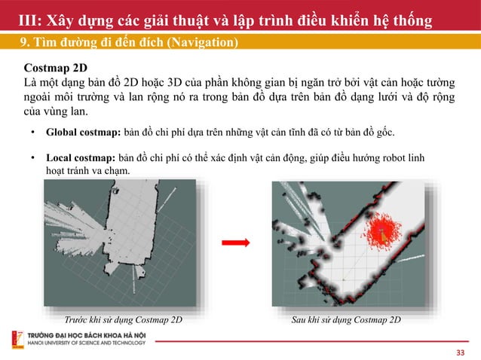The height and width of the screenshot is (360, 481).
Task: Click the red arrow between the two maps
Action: coord(235,243)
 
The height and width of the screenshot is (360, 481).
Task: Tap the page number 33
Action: coord(461,352)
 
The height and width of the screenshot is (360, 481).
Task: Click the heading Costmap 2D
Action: coord(56,68)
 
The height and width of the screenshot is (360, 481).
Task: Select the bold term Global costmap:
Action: coord(84,133)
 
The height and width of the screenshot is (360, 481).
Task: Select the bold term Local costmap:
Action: coord(81,158)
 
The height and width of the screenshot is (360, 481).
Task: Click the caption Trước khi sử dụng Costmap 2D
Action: coord(124,319)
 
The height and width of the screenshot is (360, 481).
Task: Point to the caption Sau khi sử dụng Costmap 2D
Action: coord(346,319)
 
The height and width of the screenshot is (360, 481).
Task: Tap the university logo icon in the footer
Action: coord(18,340)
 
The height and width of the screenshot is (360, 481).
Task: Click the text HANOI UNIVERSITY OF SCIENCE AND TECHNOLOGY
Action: coord(87,343)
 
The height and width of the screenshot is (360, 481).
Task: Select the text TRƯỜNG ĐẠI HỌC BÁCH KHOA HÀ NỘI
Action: coord(87,335)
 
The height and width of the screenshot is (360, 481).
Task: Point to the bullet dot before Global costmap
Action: coord(33,132)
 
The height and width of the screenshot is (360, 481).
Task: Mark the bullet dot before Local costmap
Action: coord(33,157)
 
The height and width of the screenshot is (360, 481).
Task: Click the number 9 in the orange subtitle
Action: coord(23,42)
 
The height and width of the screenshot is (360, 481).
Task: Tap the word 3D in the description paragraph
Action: coord(175,82)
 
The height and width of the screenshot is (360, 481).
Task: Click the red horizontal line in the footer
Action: coord(312,341)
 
